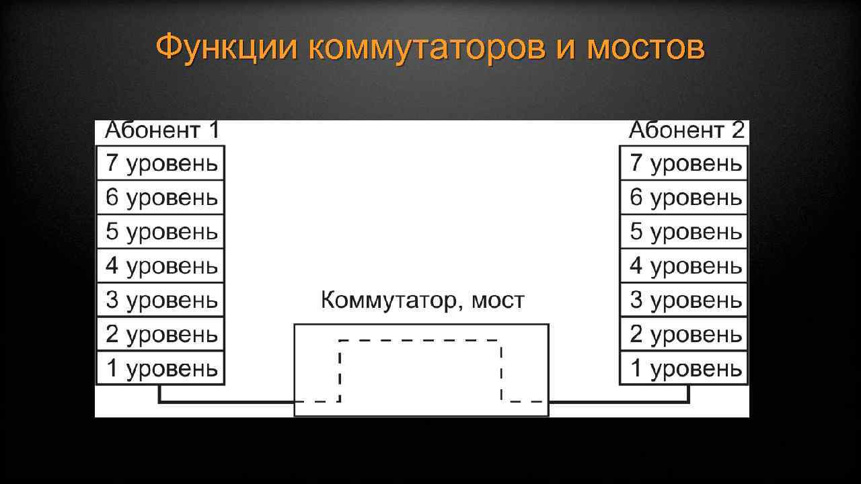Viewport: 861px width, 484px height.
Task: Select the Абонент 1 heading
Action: click(161, 130)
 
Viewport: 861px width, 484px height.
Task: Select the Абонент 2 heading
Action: click(686, 130)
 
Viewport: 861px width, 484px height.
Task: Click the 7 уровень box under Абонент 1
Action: click(161, 163)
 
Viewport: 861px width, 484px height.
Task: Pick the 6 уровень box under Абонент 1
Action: click(161, 198)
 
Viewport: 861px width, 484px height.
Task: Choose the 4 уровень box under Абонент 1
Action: click(161, 266)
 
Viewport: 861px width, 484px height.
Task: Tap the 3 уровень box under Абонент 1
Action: click(161, 300)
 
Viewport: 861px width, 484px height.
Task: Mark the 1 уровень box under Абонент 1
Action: click(161, 368)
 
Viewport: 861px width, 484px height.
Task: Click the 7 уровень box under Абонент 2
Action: click(684, 163)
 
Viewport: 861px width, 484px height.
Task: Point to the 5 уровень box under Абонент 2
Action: click(684, 232)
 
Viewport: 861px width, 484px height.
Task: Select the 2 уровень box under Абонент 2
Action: click(684, 334)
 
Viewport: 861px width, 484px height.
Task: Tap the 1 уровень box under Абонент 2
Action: click(684, 368)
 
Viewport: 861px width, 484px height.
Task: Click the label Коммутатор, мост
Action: click(422, 300)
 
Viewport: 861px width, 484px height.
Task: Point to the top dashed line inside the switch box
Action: click(420, 341)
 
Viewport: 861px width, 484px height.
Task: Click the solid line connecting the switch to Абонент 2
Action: click(619, 402)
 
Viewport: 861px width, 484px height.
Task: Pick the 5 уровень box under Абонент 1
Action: click(161, 232)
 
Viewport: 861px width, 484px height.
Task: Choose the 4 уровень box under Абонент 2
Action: click(684, 266)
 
